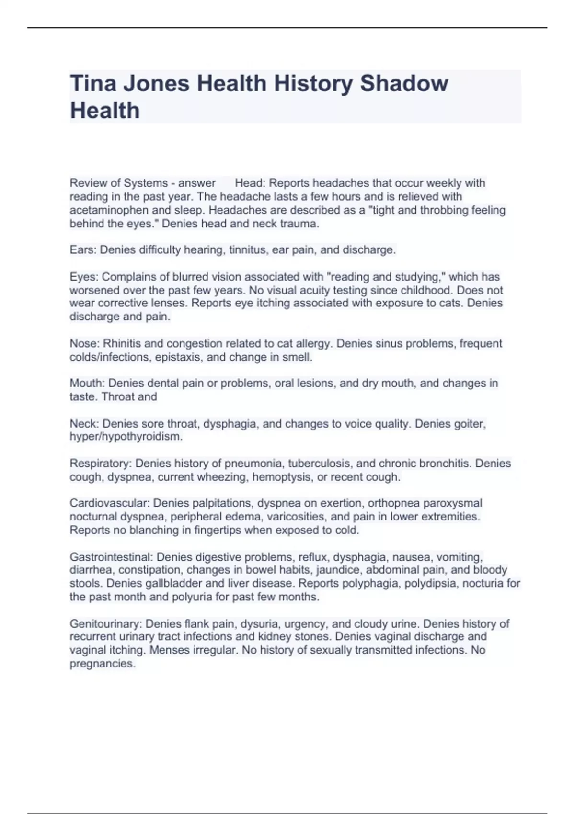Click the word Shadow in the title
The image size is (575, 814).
pyautogui.click(x=404, y=83)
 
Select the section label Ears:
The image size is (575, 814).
pyautogui.click(x=83, y=249)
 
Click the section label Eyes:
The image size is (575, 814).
pyautogui.click(x=84, y=277)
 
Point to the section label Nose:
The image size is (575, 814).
pyautogui.click(x=84, y=343)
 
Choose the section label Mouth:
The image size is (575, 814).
pyautogui.click(x=87, y=383)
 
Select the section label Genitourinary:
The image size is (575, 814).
pyautogui.click(x=106, y=623)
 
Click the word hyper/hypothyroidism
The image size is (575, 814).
pyautogui.click(x=126, y=436)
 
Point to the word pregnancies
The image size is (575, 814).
pyautogui.click(x=103, y=663)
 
